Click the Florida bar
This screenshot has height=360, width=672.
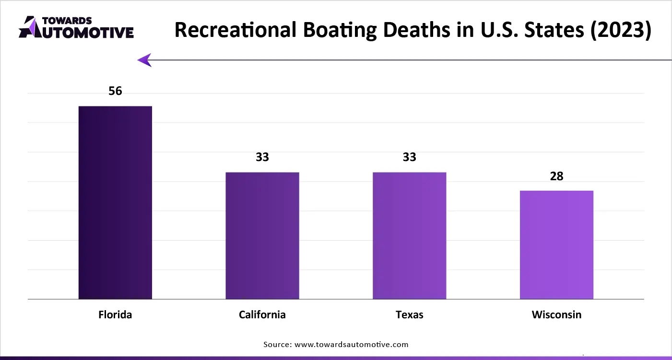click(x=115, y=202)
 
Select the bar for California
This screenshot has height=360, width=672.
click(x=262, y=235)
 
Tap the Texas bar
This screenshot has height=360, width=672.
click(x=409, y=235)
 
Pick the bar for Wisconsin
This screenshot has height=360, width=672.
click(x=556, y=244)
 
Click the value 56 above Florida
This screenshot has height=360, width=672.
click(x=115, y=91)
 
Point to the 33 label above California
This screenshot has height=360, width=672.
click(x=262, y=157)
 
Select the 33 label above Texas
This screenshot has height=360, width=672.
click(x=409, y=157)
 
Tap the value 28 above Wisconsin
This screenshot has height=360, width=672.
click(x=556, y=176)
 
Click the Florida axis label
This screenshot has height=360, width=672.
click(x=115, y=315)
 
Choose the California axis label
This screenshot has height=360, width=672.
click(x=262, y=315)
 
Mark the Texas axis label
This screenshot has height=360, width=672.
click(x=409, y=315)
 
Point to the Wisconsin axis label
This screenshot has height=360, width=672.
click(x=556, y=315)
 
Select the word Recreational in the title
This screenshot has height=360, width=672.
click(x=235, y=30)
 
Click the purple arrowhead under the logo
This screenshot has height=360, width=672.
click(x=145, y=60)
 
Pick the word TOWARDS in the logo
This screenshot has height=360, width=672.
click(x=67, y=21)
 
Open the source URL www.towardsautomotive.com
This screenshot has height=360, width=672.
click(x=351, y=344)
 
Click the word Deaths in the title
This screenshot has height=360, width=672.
click(x=425, y=30)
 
